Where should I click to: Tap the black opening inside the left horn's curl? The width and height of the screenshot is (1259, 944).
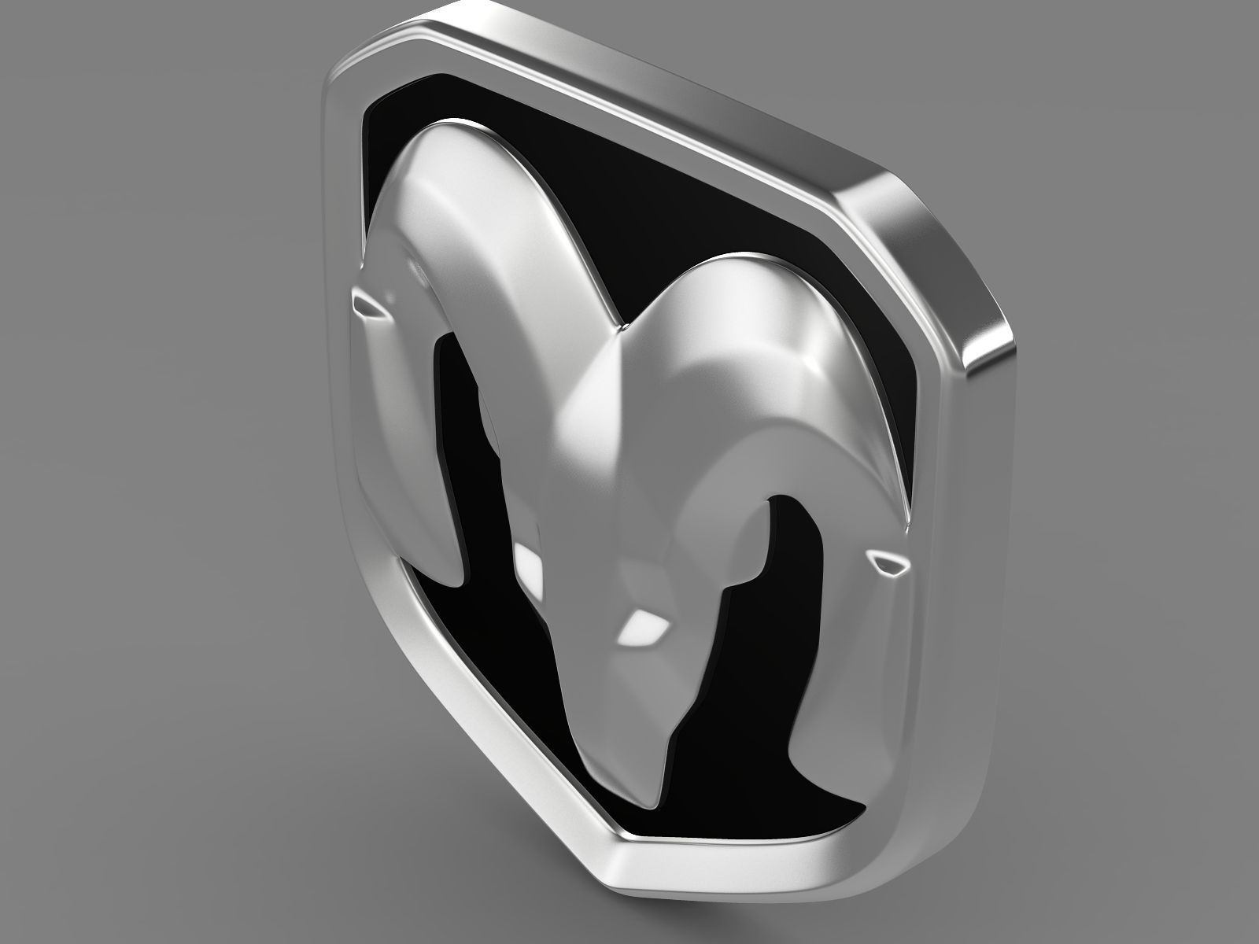[x=464, y=441]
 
